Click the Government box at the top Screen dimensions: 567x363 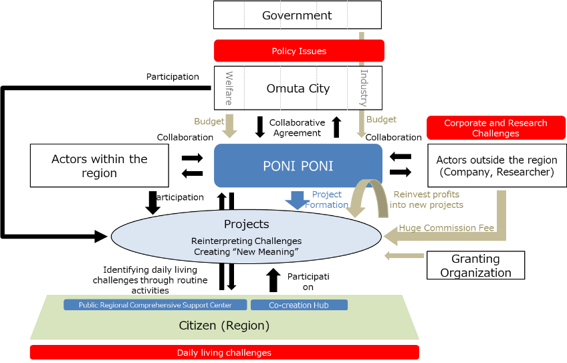[298, 15]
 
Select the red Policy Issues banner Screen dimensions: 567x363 [299, 51]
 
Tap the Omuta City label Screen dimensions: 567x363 [298, 88]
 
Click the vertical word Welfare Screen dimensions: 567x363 [229, 88]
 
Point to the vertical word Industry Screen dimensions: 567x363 [364, 88]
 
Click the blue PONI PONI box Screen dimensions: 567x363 [298, 166]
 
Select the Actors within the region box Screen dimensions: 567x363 [100, 166]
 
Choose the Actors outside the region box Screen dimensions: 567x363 [497, 166]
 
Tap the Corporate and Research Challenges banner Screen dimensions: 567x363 [495, 128]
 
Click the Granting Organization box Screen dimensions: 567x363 [475, 265]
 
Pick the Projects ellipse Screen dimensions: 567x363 [246, 237]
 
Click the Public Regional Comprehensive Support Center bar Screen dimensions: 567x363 [155, 305]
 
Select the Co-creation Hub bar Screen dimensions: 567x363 [299, 305]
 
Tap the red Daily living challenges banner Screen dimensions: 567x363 [225, 352]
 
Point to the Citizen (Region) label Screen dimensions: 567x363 [224, 326]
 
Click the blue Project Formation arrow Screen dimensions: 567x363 [298, 200]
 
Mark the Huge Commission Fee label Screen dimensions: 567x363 [446, 228]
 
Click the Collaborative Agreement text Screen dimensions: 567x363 [297, 128]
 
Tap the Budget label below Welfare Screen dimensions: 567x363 [209, 121]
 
